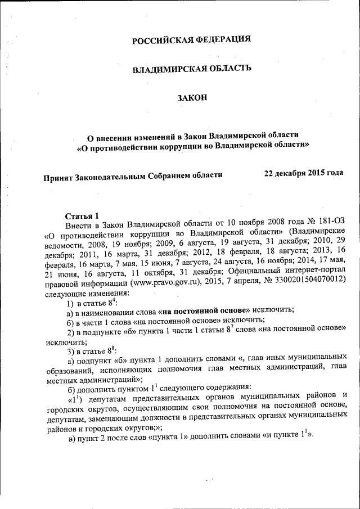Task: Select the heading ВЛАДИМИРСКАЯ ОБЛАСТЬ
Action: pos(191,69)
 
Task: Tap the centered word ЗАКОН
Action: pos(192,98)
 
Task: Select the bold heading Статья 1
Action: pos(82,215)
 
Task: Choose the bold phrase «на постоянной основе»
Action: pos(204,310)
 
